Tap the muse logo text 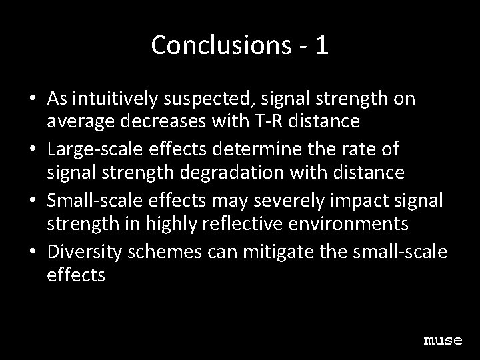coord(443,341)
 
